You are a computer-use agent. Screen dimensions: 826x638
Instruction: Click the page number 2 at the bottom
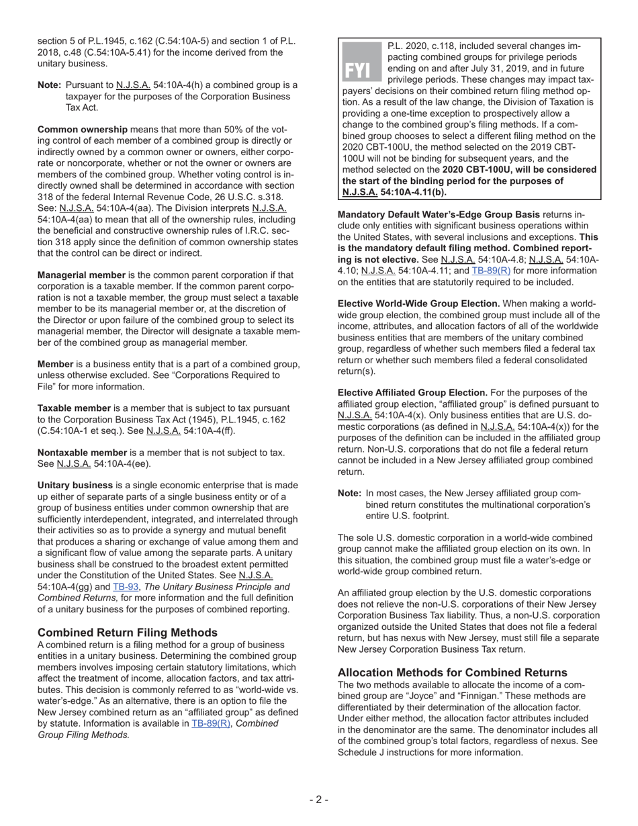pos(318,799)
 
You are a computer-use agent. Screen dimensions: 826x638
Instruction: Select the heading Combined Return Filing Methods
pos(128,633)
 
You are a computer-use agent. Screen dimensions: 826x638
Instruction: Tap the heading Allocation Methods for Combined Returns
pos(453,672)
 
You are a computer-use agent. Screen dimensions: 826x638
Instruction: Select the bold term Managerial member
pos(81,275)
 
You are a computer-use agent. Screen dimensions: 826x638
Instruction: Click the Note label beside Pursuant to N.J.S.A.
pos(50,85)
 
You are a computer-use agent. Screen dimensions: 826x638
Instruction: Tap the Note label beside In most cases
pos(349,493)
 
